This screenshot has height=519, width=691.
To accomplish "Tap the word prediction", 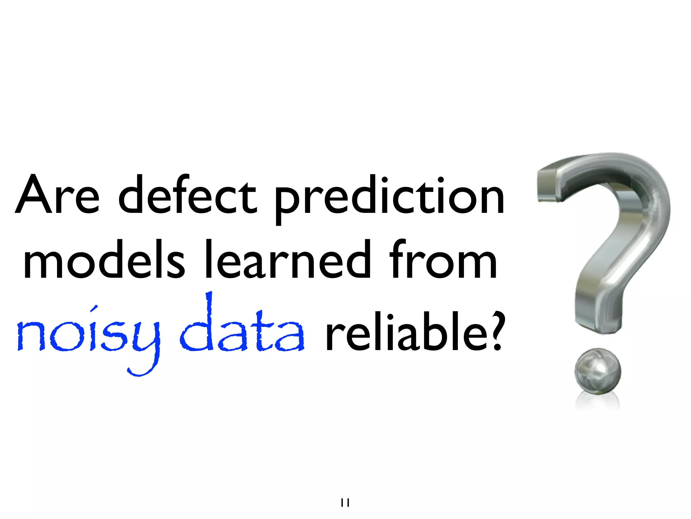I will [x=389, y=198].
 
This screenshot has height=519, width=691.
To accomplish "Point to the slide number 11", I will [x=345, y=503].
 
